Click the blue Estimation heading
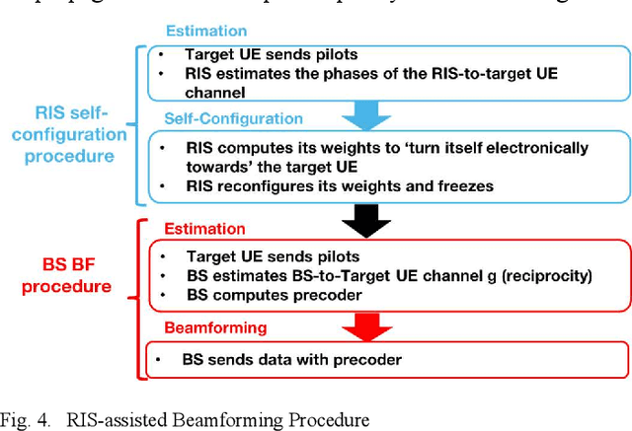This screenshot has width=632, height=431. tap(207, 31)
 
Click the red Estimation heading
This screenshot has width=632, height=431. tap(205, 229)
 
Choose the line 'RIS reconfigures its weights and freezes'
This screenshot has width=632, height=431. tap(326, 184)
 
